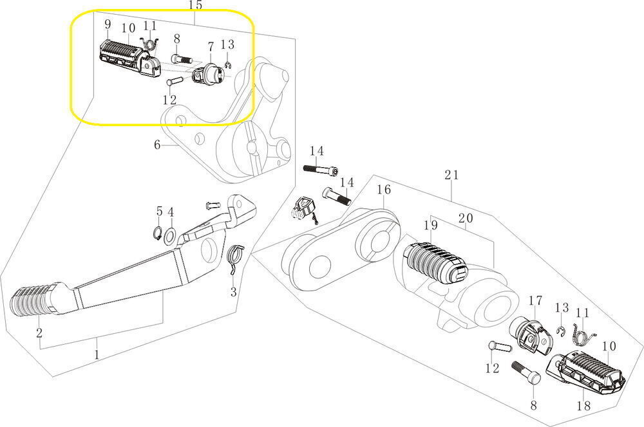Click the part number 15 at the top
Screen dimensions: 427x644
[195, 6]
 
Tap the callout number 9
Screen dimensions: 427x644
[108, 25]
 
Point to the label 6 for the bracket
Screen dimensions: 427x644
[156, 145]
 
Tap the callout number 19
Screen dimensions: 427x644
[430, 226]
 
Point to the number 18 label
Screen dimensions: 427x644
[584, 406]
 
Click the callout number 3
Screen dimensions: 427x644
[233, 293]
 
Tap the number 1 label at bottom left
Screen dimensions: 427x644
[97, 355]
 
